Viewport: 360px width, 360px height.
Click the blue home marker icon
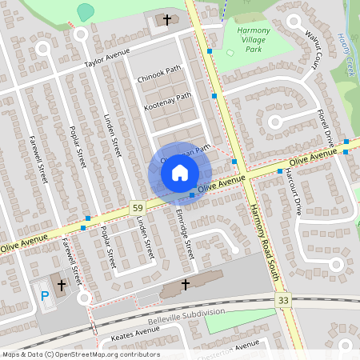(180, 172)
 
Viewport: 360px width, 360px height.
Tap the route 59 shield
(138, 208)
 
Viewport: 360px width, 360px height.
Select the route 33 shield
(282, 299)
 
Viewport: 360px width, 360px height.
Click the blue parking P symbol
(45, 296)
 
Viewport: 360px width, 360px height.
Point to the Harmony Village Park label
(254, 39)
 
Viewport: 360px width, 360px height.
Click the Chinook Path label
(160, 74)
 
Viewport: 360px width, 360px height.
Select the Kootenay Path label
(167, 101)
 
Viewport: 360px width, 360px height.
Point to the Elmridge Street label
(185, 233)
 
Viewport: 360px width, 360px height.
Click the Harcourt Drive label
(291, 193)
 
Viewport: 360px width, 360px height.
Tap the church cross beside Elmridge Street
(186, 284)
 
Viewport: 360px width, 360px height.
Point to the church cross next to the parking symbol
(61, 285)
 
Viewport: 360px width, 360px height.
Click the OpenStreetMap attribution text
(80, 354)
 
